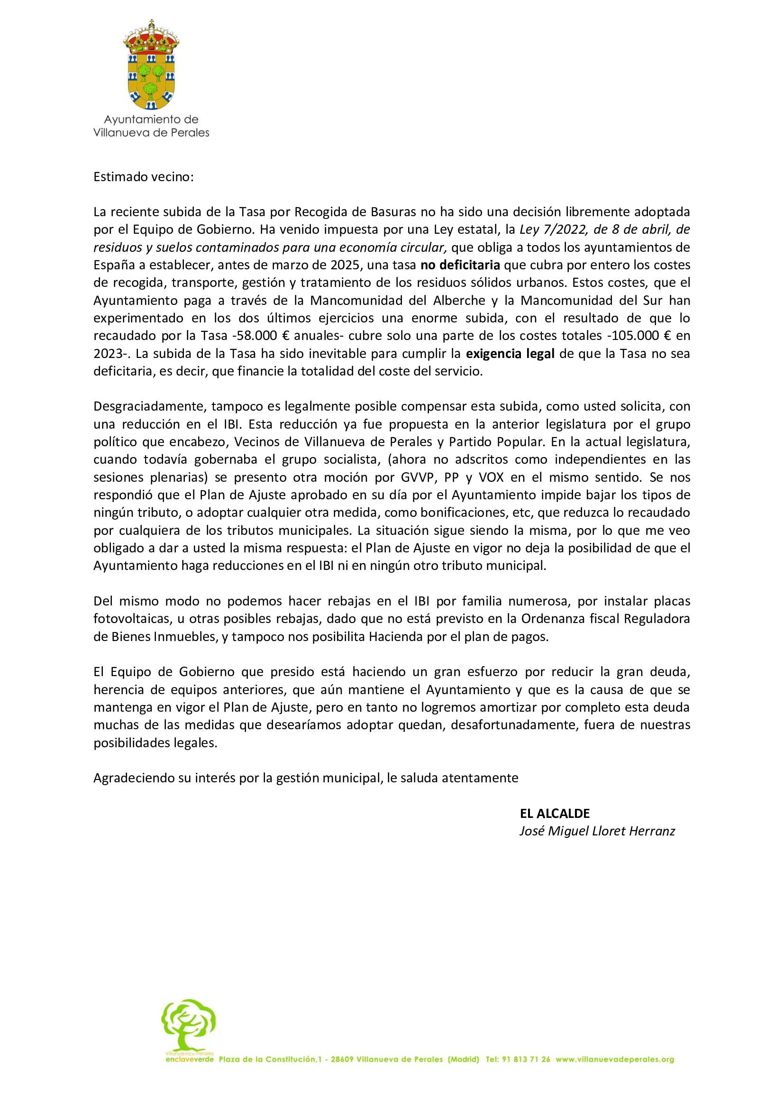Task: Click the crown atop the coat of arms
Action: [151, 37]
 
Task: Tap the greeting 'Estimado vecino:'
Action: [143, 177]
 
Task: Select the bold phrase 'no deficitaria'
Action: [460, 265]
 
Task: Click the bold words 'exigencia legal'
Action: [510, 354]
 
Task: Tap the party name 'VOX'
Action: [491, 477]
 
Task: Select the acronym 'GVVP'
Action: [418, 477]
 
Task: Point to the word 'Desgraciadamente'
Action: [149, 406]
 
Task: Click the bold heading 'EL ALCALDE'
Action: [555, 814]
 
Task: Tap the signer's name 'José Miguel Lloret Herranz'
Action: [597, 831]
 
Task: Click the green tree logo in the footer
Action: [188, 1024]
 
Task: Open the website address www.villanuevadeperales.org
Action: [615, 1059]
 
